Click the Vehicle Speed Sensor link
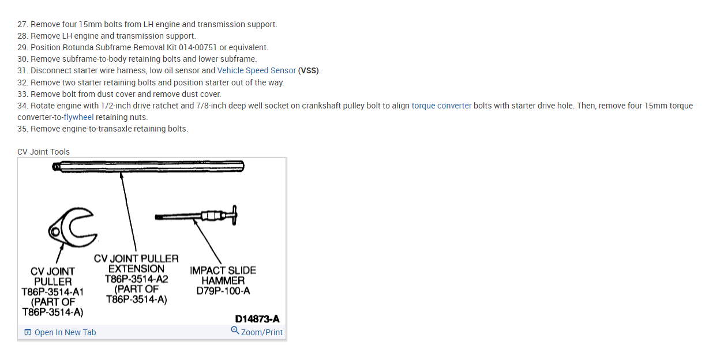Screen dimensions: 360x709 (256, 70)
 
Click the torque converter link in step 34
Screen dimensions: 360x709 (441, 106)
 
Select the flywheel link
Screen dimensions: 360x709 (78, 117)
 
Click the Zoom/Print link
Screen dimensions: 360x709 (261, 332)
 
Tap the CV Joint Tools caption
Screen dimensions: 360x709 (43, 152)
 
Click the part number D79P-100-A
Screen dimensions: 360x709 (223, 291)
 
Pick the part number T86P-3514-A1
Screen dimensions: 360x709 (52, 292)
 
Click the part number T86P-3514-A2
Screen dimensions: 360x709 (136, 279)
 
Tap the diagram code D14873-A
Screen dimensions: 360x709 (257, 319)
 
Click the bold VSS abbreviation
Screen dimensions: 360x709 (309, 70)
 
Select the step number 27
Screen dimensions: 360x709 (22, 24)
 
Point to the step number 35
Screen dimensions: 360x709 (22, 129)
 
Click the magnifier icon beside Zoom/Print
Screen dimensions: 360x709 (235, 331)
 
